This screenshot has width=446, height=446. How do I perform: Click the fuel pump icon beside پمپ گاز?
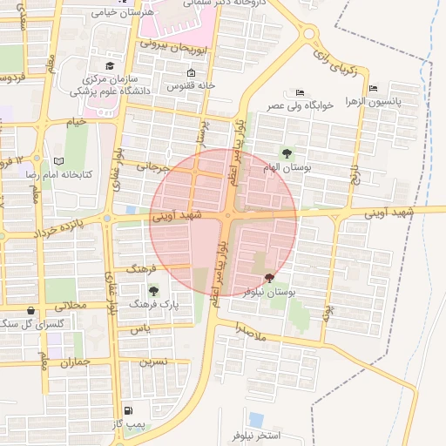coord(129,410)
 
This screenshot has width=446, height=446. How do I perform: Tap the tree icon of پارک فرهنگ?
coord(154,291)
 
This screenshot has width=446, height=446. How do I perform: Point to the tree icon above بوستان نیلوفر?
coord(267,279)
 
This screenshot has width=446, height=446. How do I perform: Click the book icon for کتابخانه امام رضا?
coord(59,161)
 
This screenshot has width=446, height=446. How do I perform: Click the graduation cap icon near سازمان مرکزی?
coord(110,65)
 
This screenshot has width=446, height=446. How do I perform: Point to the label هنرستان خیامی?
coord(122,13)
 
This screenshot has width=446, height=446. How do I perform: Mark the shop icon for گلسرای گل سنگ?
coord(32,309)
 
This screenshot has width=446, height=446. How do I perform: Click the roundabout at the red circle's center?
coord(229,215)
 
